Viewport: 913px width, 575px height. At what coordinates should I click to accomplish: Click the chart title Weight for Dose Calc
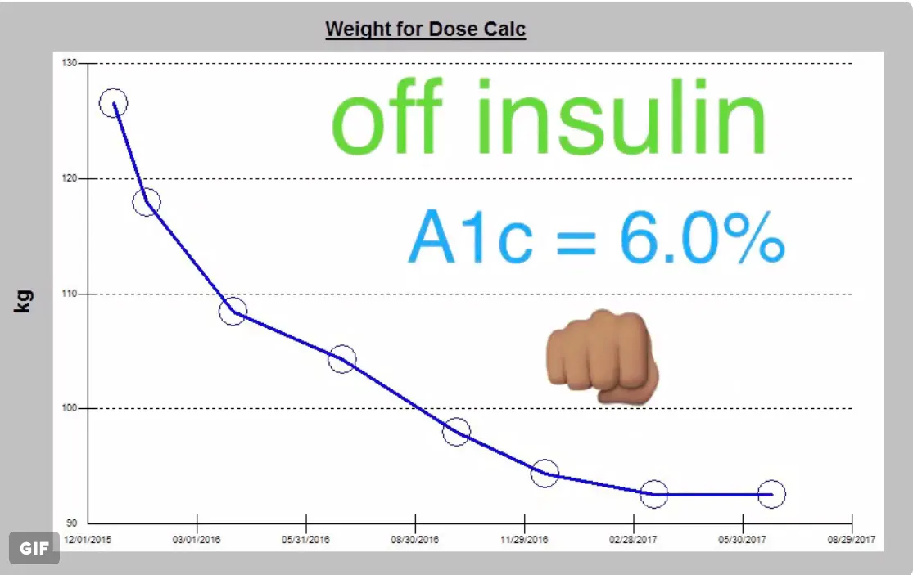[x=425, y=29]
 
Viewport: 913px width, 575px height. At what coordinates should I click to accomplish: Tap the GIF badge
[x=34, y=548]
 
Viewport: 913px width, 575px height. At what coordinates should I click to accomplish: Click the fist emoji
[x=602, y=357]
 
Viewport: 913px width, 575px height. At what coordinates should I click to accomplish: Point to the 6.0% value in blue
[x=702, y=236]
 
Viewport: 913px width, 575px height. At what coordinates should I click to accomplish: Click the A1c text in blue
[x=471, y=236]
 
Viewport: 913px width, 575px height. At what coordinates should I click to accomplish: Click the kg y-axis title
[x=24, y=300]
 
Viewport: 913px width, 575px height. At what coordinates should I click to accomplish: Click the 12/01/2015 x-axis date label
[x=88, y=540]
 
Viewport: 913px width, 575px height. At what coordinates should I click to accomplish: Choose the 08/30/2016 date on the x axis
[x=415, y=540]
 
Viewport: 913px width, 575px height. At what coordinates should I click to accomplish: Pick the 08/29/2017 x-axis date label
[x=852, y=540]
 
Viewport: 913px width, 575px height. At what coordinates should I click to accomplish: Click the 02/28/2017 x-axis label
[x=633, y=540]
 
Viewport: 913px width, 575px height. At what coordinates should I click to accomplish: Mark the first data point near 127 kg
[x=114, y=103]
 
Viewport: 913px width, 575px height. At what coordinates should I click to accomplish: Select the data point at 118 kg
[x=147, y=202]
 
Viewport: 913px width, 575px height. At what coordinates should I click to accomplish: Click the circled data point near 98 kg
[x=457, y=431]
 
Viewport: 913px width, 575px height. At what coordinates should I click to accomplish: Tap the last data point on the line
[x=771, y=494]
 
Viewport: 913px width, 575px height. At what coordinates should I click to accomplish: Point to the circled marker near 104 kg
[x=342, y=359]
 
